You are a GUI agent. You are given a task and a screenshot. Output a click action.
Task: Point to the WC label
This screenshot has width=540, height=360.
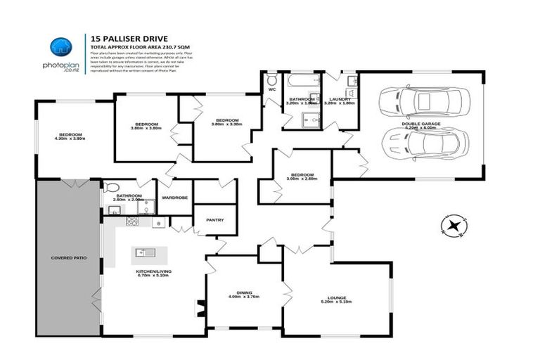(271, 89)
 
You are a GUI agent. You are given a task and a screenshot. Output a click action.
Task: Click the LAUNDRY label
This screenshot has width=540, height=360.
(340, 99)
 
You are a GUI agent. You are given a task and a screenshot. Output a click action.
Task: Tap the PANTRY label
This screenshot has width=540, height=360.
(214, 220)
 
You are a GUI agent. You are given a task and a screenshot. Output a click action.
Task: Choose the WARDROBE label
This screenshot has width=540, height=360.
(174, 198)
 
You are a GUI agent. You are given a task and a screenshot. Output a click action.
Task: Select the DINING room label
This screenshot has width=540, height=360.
(244, 292)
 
